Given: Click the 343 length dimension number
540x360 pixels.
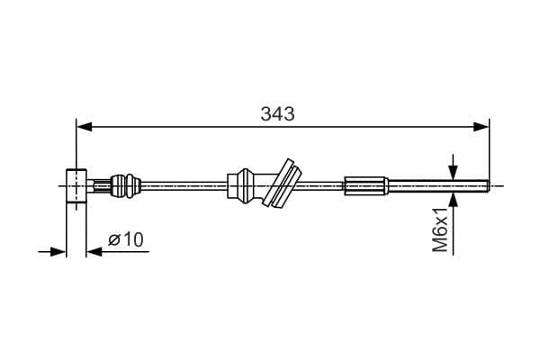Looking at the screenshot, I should pyautogui.click(x=278, y=114).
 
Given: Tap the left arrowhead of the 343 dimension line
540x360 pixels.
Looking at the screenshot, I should pyautogui.click(x=84, y=129).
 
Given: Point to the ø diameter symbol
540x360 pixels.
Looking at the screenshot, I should pyautogui.click(x=114, y=239).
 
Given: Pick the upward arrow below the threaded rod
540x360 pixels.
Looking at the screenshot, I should pyautogui.click(x=453, y=202).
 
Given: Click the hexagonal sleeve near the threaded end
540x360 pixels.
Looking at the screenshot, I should pyautogui.click(x=365, y=186).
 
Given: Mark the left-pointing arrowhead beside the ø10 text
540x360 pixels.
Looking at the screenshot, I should pyautogui.click(x=94, y=251).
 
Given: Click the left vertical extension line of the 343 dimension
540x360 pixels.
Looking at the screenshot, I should pyautogui.click(x=76, y=144).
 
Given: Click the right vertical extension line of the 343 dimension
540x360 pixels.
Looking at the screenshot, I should pyautogui.click(x=489, y=148).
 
